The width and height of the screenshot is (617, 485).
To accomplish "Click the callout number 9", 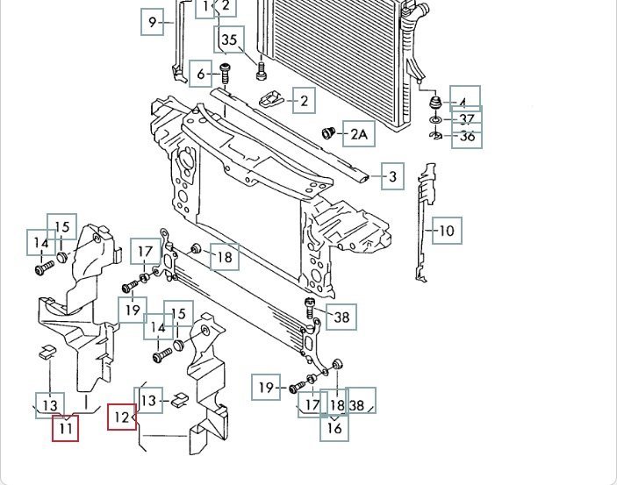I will (153, 22).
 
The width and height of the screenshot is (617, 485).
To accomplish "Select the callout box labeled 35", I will (229, 39).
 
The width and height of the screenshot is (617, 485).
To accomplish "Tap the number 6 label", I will (201, 74).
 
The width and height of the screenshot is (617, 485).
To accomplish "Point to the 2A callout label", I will (360, 134).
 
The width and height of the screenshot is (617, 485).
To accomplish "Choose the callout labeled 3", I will (392, 177).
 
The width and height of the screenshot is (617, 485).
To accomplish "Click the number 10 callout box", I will (447, 232).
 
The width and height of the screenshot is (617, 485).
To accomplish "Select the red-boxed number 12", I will (121, 417).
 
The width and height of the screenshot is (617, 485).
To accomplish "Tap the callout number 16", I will (334, 428).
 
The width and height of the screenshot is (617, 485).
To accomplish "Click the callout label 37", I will (466, 119).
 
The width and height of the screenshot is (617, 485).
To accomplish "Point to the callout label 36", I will (466, 136).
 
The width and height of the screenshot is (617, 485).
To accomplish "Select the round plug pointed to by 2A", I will (330, 133).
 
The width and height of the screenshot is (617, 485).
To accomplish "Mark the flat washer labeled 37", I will (435, 118).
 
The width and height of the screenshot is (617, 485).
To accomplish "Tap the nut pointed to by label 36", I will (435, 135).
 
